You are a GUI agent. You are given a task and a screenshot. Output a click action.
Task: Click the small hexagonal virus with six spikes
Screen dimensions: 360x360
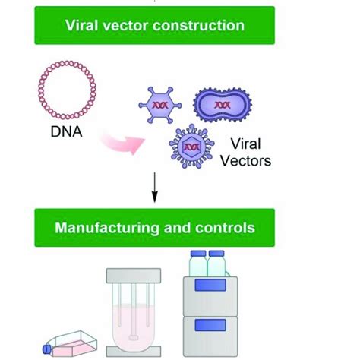159,104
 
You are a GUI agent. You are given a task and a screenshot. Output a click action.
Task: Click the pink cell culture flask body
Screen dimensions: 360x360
68,346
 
